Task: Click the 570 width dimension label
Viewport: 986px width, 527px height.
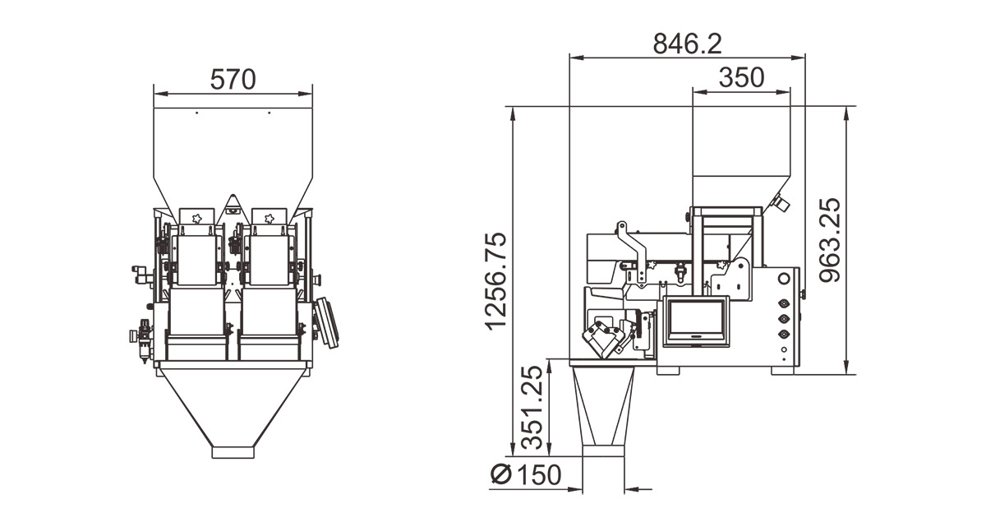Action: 233,79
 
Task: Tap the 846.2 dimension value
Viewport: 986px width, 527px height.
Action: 687,44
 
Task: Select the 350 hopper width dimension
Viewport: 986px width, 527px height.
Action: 742,77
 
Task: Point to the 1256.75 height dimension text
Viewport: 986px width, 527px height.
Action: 496,281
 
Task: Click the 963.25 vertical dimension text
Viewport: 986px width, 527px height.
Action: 830,240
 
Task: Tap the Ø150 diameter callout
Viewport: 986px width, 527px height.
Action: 526,474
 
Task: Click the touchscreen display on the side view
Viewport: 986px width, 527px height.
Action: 696,321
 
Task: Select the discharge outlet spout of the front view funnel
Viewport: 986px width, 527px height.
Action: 233,452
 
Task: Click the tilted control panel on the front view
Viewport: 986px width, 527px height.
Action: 327,323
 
